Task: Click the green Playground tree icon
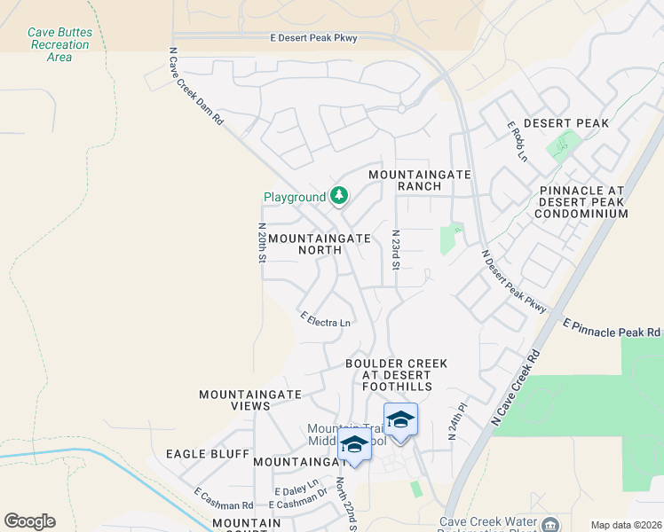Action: click(338, 195)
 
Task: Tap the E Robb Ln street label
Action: click(517, 142)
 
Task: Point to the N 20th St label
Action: click(262, 243)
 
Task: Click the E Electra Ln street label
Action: click(326, 319)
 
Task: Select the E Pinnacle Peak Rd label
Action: click(613, 327)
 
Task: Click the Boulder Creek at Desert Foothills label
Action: click(396, 375)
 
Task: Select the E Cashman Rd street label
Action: click(224, 498)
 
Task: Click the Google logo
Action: click(30, 521)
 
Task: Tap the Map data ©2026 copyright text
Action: click(625, 525)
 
